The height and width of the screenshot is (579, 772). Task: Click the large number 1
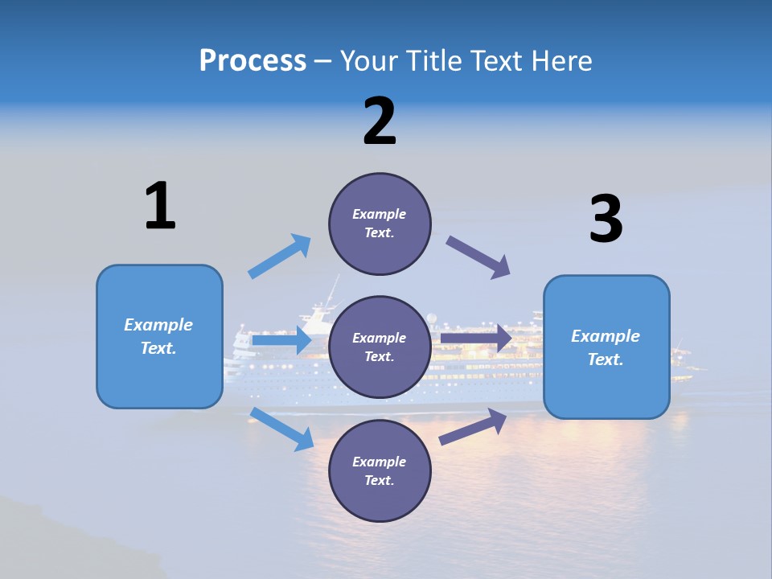(160, 206)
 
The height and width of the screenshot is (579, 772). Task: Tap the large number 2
(380, 121)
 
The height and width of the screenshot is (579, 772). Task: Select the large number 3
(606, 219)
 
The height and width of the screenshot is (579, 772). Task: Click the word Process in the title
(253, 61)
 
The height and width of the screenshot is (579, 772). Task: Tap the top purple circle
(380, 224)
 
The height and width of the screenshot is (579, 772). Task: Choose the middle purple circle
(380, 347)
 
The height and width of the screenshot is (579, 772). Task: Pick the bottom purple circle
(380, 470)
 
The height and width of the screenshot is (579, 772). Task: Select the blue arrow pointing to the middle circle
(281, 341)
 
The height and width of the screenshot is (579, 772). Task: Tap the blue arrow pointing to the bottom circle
(282, 429)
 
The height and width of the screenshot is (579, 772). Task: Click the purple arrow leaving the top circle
(478, 257)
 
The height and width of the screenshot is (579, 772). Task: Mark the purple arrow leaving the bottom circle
(473, 426)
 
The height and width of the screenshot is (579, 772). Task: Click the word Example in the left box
(158, 325)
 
